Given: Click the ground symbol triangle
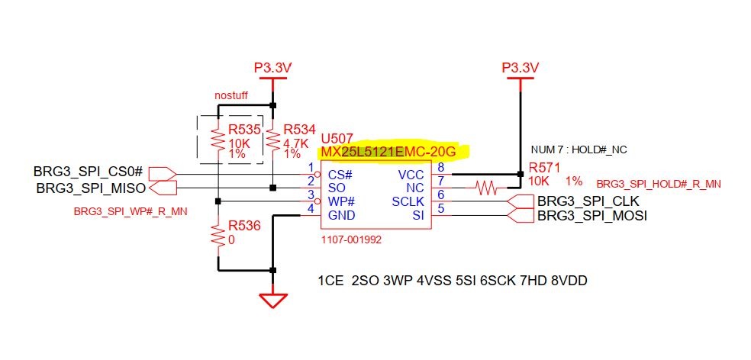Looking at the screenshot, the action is coord(273,299).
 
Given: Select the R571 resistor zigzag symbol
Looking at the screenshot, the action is coord(487,188).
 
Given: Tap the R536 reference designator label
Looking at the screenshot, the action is coord(244,226).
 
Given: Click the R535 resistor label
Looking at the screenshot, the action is coord(244,129).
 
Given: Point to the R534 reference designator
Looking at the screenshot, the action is coord(300,129).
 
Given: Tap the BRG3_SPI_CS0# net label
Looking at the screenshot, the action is coord(88,172).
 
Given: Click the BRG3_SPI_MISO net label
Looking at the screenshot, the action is coord(91,188).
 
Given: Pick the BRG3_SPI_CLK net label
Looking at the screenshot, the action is coord(588,201).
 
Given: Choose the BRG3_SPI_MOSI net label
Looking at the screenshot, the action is coord(592,216).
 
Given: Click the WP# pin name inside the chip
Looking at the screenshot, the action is coord(341,201).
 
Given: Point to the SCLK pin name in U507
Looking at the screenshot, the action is coord(408,202).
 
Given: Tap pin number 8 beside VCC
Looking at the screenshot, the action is coord(440,167).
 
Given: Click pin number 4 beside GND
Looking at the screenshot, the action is coord(311,208).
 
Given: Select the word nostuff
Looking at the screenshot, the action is coord(231,96).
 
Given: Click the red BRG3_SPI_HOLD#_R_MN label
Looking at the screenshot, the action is coord(659,185).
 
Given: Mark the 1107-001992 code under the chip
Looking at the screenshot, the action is coord(352,240).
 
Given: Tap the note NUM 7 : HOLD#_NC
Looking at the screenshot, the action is coord(579,150).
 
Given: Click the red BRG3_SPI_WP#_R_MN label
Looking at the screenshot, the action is coord(131,211).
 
